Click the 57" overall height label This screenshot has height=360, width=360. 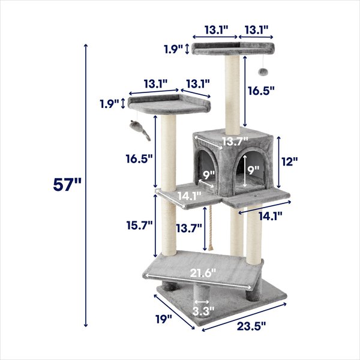(67, 185)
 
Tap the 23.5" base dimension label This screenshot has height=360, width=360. (251, 326)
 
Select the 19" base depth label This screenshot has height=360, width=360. (164, 319)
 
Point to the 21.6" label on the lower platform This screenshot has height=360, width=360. (203, 273)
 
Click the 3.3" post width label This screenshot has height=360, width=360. (203, 311)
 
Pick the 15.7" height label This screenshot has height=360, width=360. (140, 225)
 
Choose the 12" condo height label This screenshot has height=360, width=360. (290, 161)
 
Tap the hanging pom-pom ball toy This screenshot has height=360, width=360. (262, 71)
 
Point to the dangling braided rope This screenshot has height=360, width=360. (211, 230)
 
